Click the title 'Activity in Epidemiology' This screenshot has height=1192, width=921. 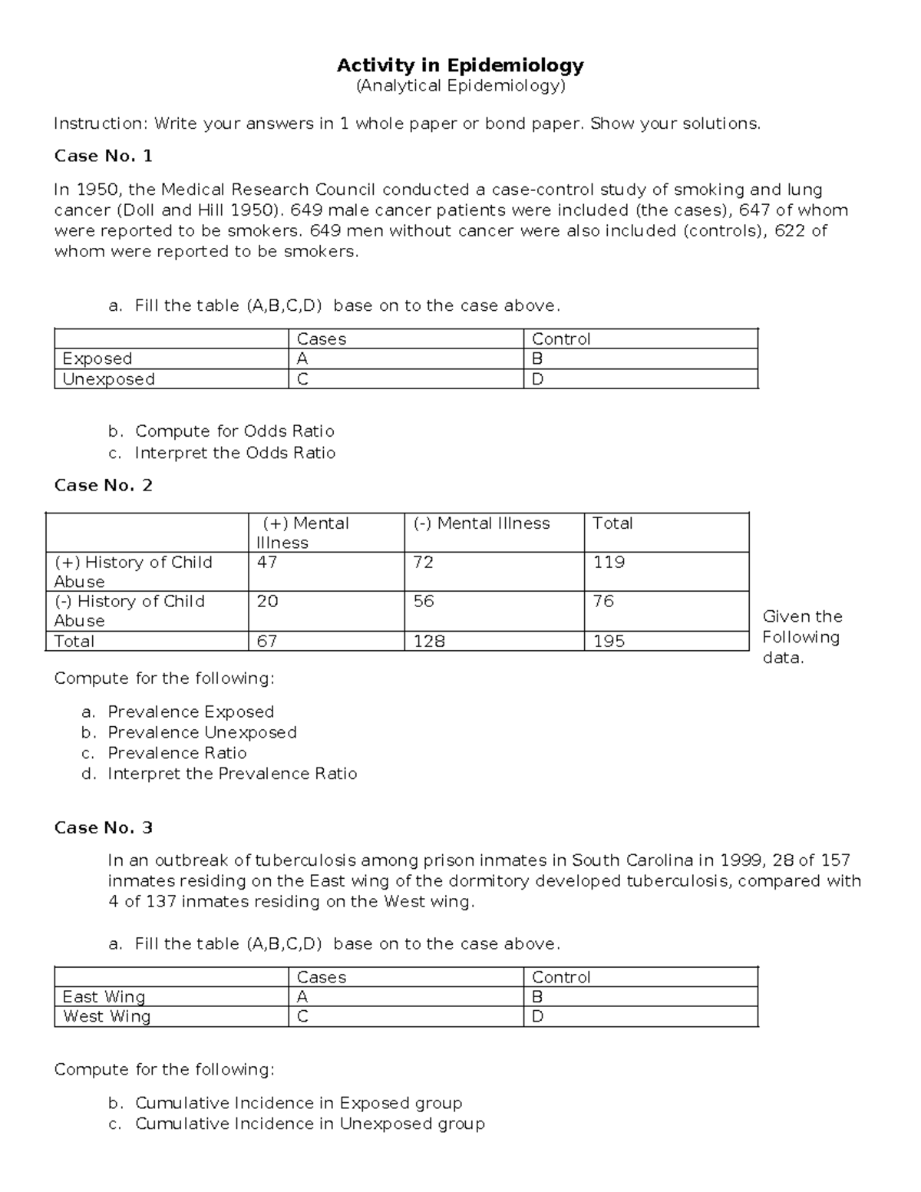460,65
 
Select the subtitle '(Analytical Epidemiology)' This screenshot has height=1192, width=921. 460,86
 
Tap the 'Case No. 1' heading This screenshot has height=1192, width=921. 103,157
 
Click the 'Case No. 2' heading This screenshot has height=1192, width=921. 103,485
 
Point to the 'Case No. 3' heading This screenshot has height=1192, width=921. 103,827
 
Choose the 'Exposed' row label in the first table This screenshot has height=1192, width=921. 97,358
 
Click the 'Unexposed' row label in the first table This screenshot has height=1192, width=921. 108,379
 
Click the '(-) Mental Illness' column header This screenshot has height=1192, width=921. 481,523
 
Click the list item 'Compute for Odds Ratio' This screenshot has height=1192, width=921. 234,431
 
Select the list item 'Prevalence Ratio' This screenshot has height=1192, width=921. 177,753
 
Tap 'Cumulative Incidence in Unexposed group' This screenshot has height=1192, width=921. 309,1124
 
